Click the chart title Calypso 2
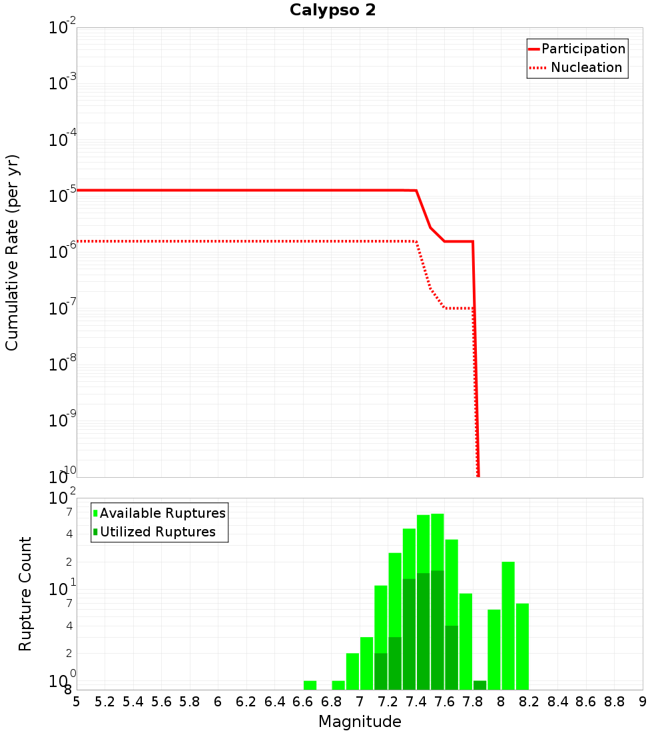coord(332,10)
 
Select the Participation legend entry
coord(583,49)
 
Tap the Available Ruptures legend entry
coord(163,513)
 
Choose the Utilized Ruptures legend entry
coord(157,532)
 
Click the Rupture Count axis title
coord(25,594)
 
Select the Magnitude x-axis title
coord(360,722)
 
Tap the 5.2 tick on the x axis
coord(105,702)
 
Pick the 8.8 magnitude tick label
coord(614,702)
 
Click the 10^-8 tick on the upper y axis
coord(62,364)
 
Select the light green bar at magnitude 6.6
coord(310,685)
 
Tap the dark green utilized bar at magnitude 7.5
coord(438,630)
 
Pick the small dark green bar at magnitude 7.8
coord(480,685)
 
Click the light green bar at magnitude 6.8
coord(338,685)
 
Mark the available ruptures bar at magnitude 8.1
coord(522,646)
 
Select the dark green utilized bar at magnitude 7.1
coord(381,671)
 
